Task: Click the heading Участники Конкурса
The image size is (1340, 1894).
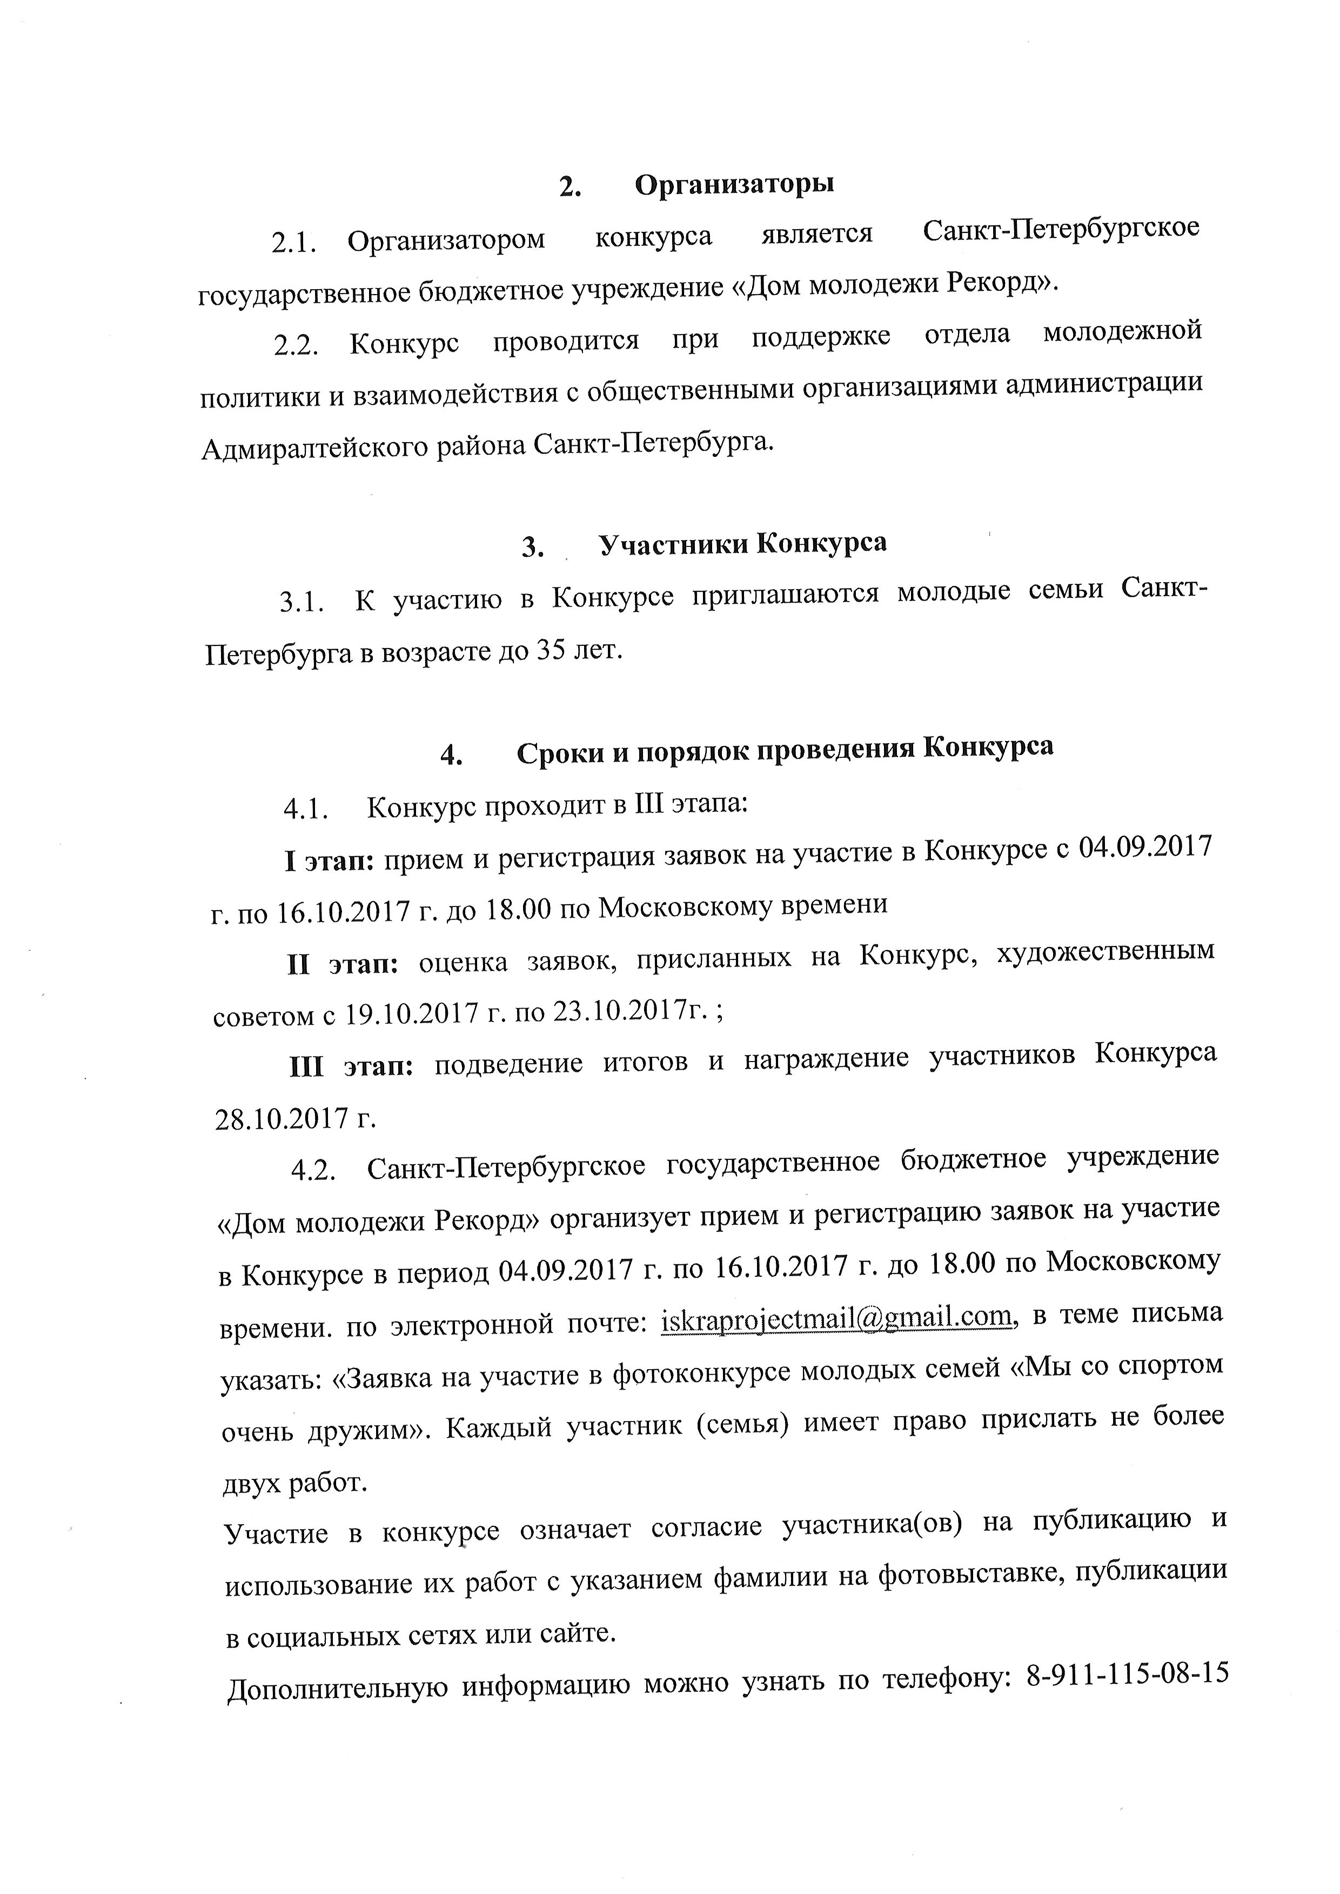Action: coord(742,544)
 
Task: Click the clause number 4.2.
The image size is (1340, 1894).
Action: coord(313,1171)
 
